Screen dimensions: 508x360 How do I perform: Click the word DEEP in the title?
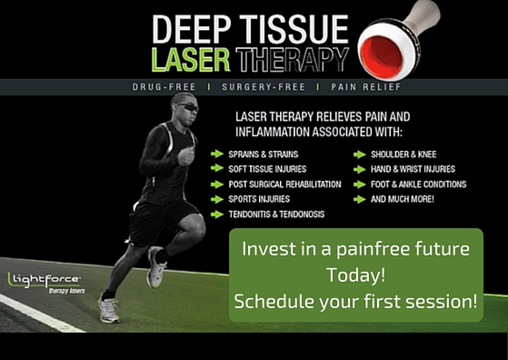point(192,29)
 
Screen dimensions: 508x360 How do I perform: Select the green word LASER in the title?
point(191,60)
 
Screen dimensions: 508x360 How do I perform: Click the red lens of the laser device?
point(383,55)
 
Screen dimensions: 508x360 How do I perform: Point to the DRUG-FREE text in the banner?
point(164,87)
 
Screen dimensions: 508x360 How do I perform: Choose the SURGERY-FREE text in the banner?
point(264,87)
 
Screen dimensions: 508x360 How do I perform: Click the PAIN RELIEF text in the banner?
point(365,87)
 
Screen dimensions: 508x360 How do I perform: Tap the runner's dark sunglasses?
point(188,107)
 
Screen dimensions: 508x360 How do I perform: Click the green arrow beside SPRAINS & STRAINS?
point(217,154)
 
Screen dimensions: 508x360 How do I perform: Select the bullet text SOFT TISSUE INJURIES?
point(267,169)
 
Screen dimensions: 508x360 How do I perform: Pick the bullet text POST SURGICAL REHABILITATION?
point(284,184)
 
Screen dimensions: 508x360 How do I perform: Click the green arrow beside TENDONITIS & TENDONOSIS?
point(217,215)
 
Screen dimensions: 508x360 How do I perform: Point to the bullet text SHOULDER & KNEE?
point(403,155)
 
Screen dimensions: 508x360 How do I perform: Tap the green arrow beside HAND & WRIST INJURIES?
point(360,169)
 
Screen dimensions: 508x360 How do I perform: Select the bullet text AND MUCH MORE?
point(402,199)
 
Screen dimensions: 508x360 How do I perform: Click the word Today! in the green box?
point(355,275)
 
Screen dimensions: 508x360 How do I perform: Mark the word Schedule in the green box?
point(274,301)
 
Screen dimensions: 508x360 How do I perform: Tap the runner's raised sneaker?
point(155,267)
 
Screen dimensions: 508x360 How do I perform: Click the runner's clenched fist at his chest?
point(185,155)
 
